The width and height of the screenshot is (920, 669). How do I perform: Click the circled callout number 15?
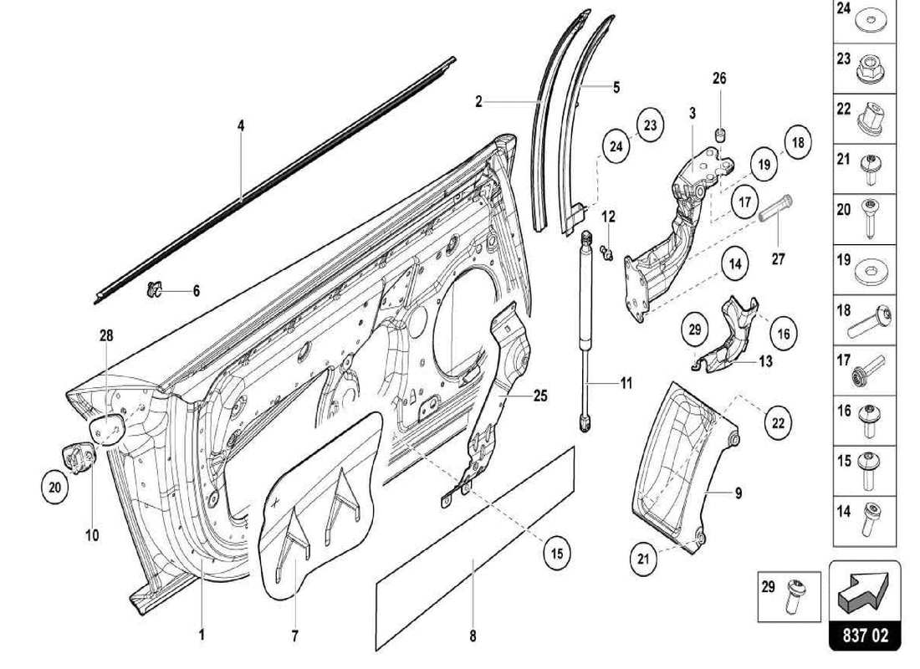(x=556, y=553)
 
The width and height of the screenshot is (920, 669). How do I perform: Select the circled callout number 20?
(x=54, y=488)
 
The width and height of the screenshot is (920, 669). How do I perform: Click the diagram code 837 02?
(x=865, y=635)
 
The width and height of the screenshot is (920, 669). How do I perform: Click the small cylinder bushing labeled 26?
(x=719, y=135)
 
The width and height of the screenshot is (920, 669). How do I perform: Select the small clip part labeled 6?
(x=153, y=291)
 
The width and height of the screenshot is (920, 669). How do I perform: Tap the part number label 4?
(x=240, y=125)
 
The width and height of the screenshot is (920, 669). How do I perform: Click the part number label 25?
(x=540, y=395)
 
